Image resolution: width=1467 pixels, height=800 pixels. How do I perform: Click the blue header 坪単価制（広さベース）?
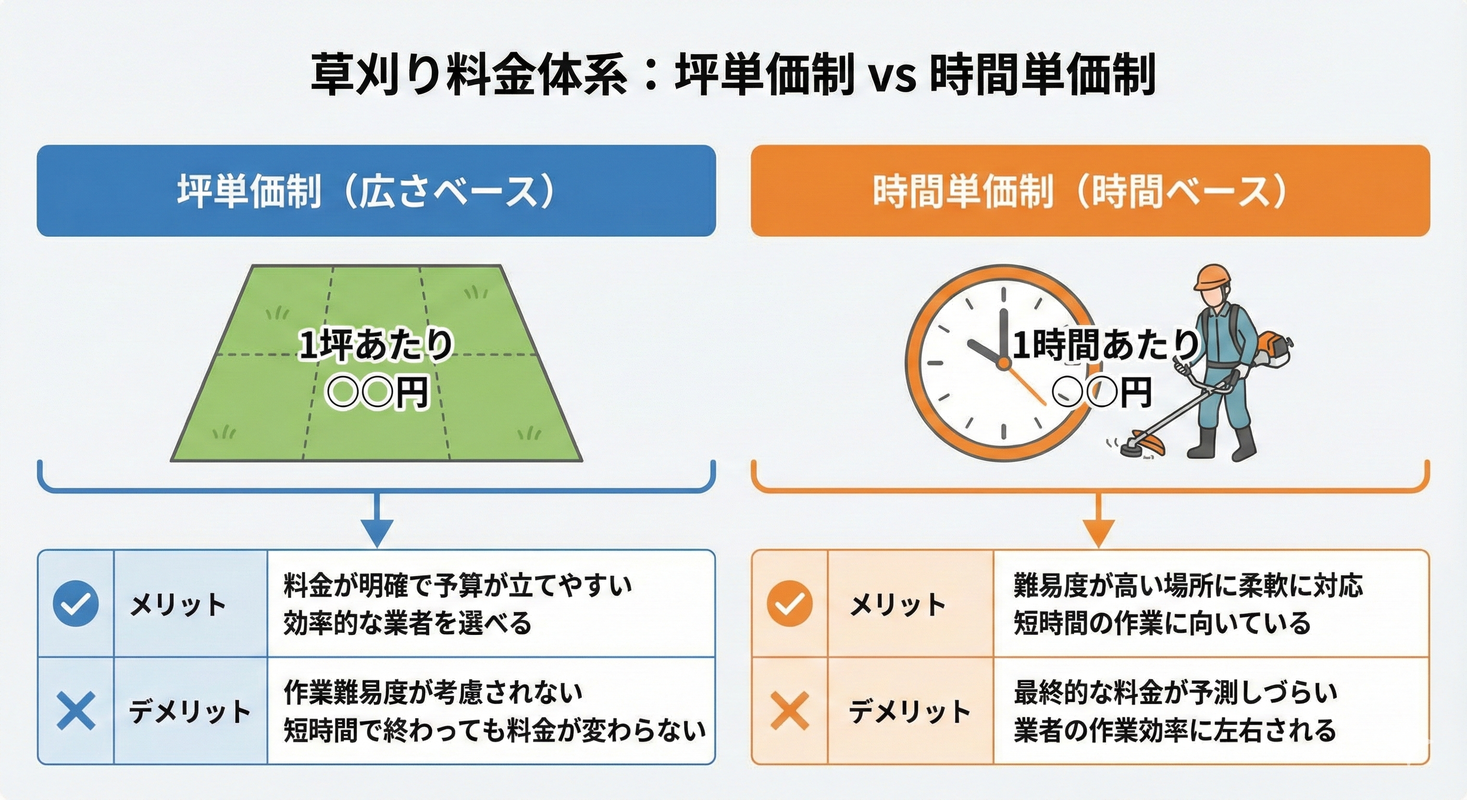coord(376,191)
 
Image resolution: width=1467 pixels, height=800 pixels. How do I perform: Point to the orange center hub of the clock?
coord(1003,362)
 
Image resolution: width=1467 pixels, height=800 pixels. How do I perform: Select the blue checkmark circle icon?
coord(76,604)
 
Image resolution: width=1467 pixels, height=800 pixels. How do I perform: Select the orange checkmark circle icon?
coord(790,604)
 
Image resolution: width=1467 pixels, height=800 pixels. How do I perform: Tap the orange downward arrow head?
coord(1099,532)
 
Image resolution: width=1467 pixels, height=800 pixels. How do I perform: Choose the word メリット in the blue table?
coord(178,604)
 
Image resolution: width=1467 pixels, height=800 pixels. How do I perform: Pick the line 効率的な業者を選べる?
coord(408,623)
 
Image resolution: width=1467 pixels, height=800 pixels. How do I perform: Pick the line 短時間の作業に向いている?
coord(1162,623)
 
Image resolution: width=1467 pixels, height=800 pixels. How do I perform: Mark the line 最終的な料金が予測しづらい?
coord(1175,692)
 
